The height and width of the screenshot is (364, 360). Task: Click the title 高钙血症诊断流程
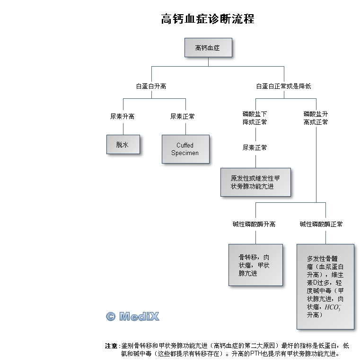(x=208, y=19)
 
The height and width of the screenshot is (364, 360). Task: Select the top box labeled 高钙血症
(x=208, y=48)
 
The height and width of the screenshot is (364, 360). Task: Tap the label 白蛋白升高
(x=151, y=87)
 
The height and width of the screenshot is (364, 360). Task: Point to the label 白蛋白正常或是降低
(x=283, y=87)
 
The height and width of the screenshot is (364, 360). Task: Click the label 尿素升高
(x=123, y=116)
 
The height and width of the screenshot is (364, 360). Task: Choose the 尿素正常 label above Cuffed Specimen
(x=182, y=116)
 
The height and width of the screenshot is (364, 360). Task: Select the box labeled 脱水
(x=123, y=145)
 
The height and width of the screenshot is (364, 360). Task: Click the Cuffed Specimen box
(x=185, y=149)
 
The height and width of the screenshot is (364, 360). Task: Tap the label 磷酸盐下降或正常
(x=255, y=118)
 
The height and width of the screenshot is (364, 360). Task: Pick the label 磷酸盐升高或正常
(x=316, y=118)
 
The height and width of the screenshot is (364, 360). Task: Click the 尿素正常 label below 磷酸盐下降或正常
(x=255, y=147)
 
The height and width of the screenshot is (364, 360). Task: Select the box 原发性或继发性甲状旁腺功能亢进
(x=255, y=182)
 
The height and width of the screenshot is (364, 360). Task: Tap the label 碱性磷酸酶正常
(x=321, y=224)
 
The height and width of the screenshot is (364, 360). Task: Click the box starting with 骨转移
(x=255, y=265)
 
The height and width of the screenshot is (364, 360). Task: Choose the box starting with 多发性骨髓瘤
(x=325, y=286)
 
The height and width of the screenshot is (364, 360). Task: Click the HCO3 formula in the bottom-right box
(x=333, y=307)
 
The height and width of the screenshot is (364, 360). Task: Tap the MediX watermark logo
(x=132, y=316)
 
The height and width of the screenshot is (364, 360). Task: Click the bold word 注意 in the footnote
(x=111, y=346)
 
